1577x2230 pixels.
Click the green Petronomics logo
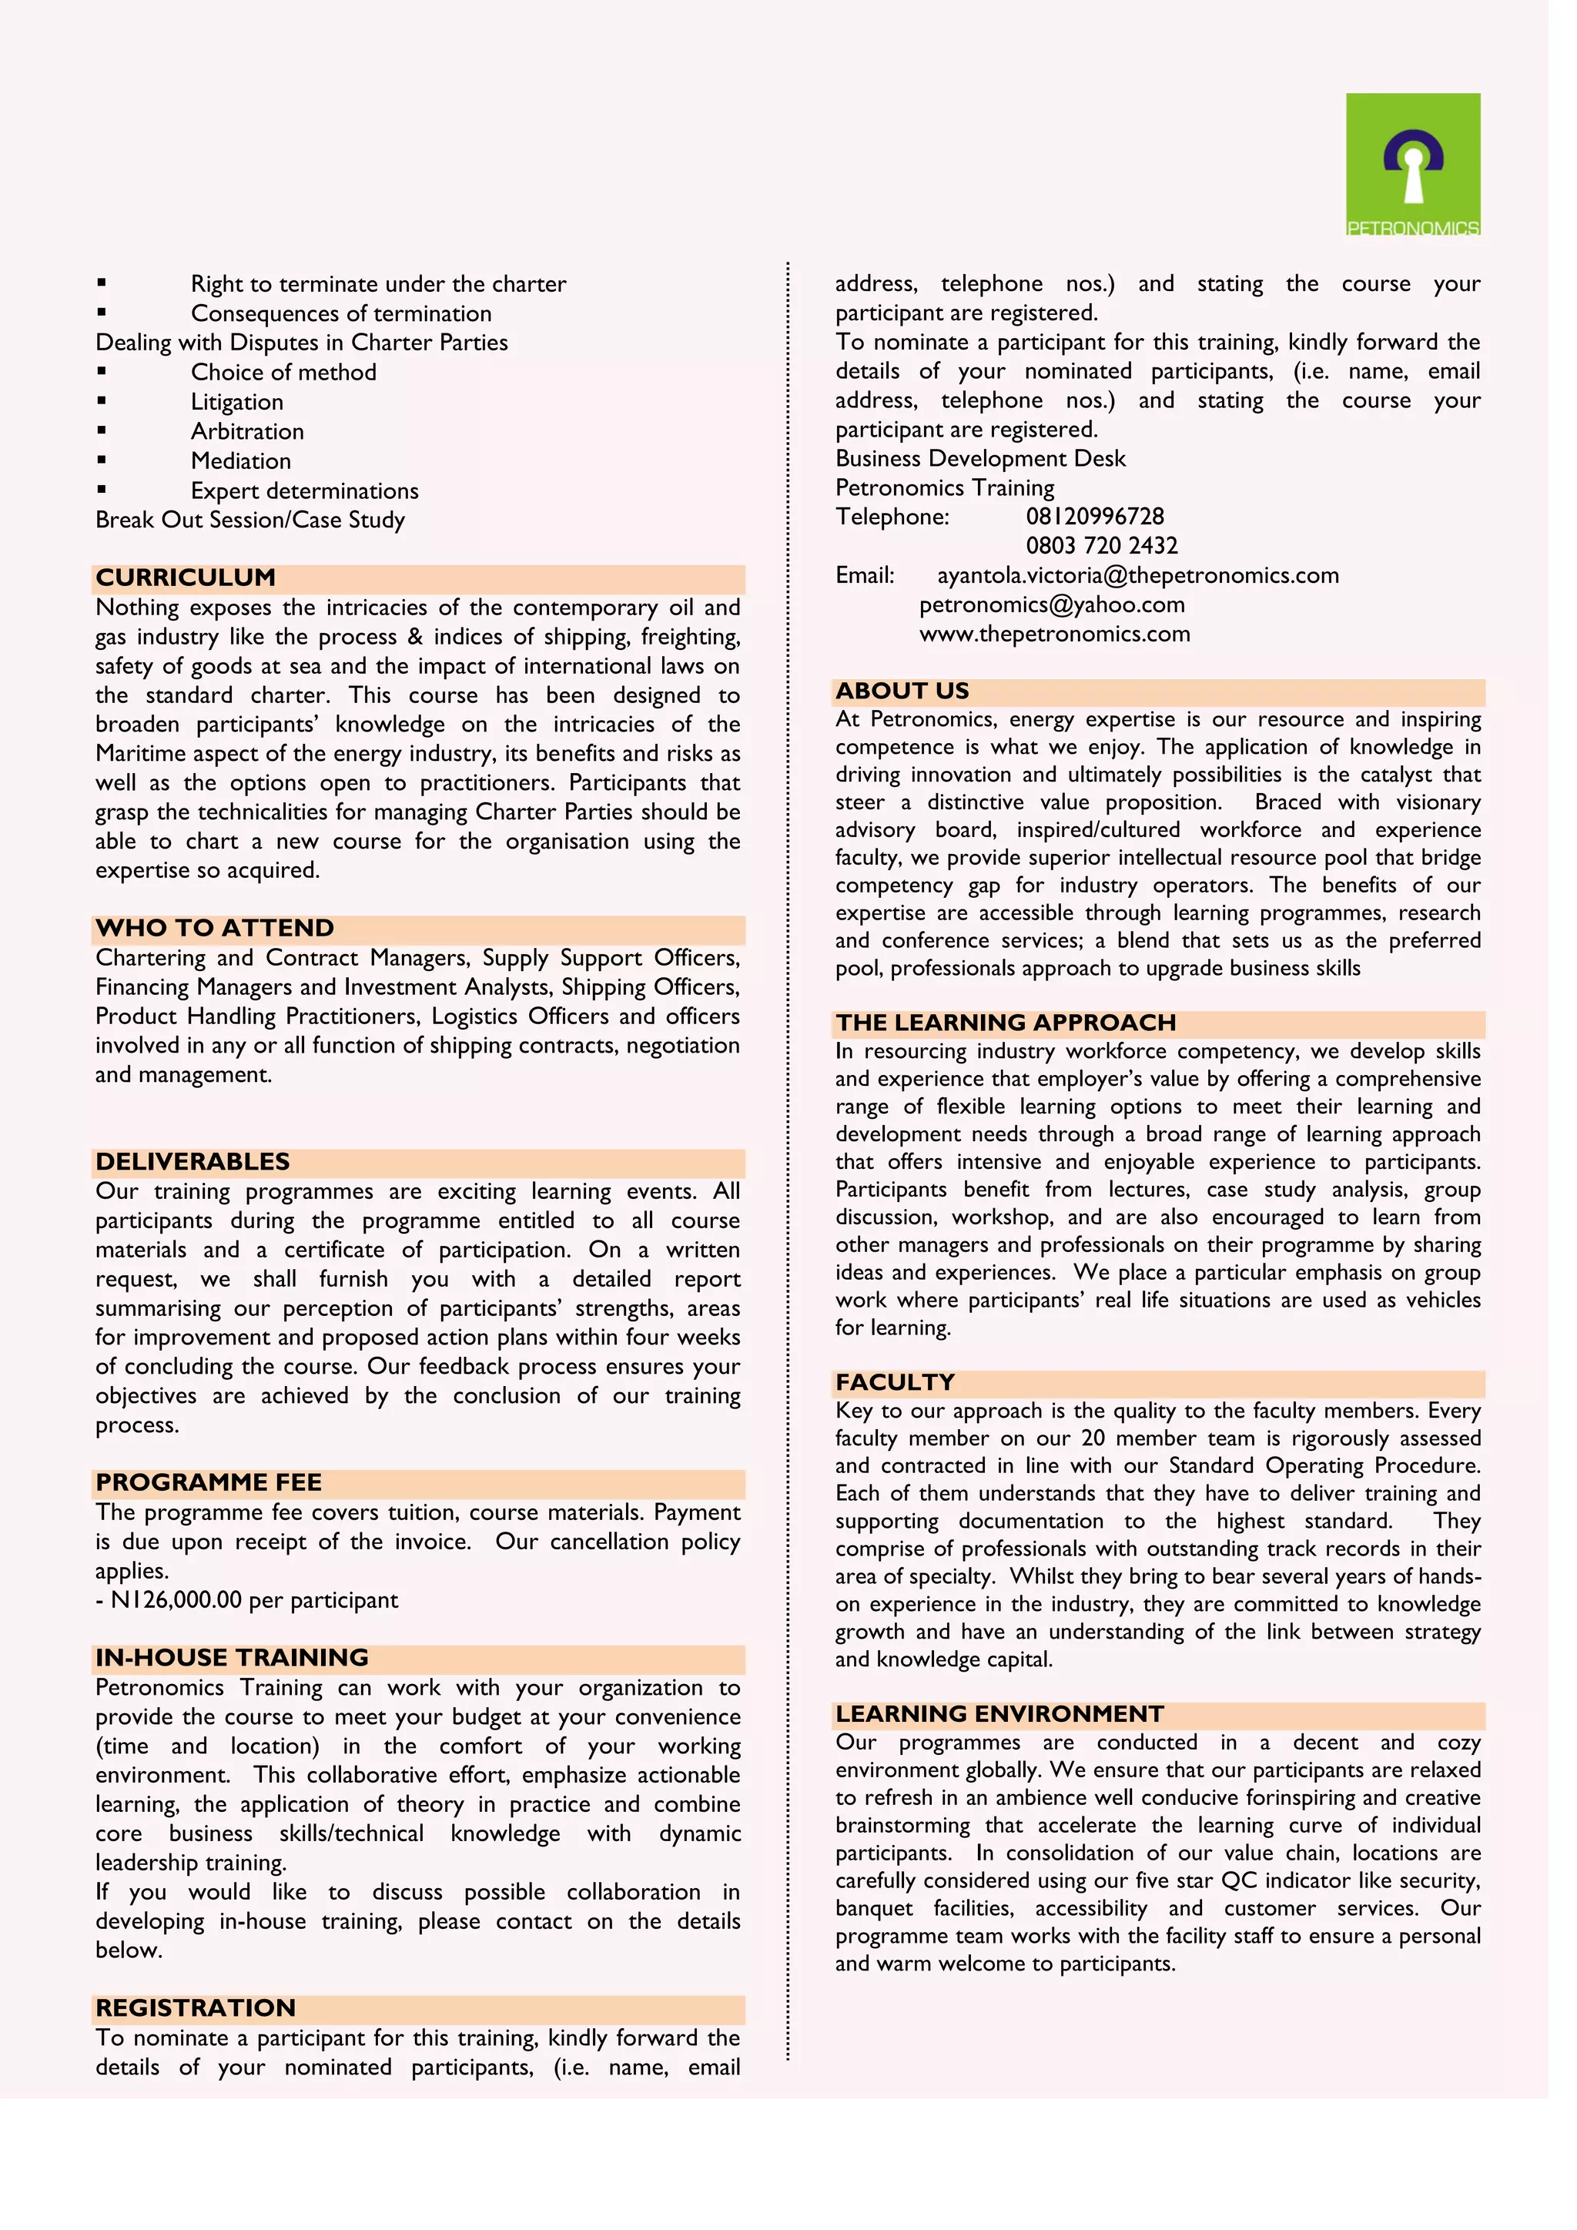[1412, 164]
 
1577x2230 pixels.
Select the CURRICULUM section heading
[186, 578]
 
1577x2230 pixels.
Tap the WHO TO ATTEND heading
[215, 929]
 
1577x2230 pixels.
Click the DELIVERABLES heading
[193, 1162]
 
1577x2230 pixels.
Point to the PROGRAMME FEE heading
[208, 1482]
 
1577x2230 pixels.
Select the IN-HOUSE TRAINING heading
[231, 1657]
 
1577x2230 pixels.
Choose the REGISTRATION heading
[195, 2007]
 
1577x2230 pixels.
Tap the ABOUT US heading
[902, 691]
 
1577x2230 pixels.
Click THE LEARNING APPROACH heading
[1005, 1023]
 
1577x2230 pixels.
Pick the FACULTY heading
[894, 1382]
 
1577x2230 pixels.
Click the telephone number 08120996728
[1094, 517]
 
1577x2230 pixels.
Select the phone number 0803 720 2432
[1101, 546]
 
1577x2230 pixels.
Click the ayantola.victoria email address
[1137, 575]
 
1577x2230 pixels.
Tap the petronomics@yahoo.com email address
[1052, 604]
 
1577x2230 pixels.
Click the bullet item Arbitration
[246, 431]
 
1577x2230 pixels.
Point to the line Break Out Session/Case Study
[249, 520]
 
